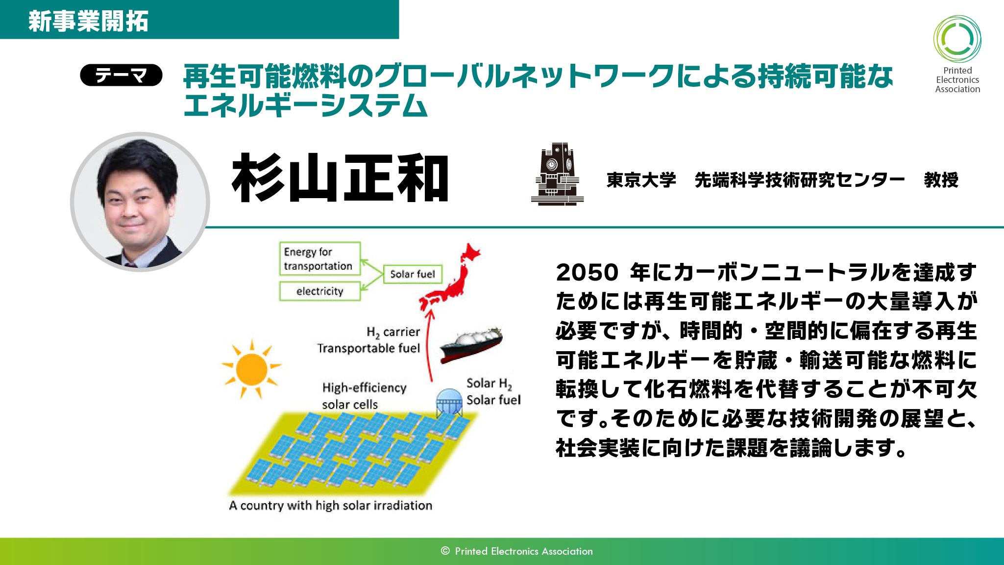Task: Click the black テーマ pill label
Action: click(x=121, y=75)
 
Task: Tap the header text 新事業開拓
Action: click(x=88, y=21)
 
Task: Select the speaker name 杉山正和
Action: click(x=340, y=178)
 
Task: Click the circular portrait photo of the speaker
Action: click(x=140, y=202)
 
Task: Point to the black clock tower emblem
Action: click(x=557, y=174)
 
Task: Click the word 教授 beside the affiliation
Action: click(x=941, y=180)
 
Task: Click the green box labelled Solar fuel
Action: click(x=413, y=274)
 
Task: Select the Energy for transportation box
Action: click(x=320, y=258)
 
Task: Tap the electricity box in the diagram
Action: click(x=320, y=291)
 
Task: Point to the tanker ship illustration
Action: click(x=471, y=345)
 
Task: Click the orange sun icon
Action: click(x=251, y=369)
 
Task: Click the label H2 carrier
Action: click(x=393, y=332)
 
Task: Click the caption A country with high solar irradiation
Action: click(x=331, y=506)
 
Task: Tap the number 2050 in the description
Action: click(x=587, y=272)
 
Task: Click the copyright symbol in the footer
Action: click(x=445, y=551)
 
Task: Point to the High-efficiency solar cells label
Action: click(x=364, y=396)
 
